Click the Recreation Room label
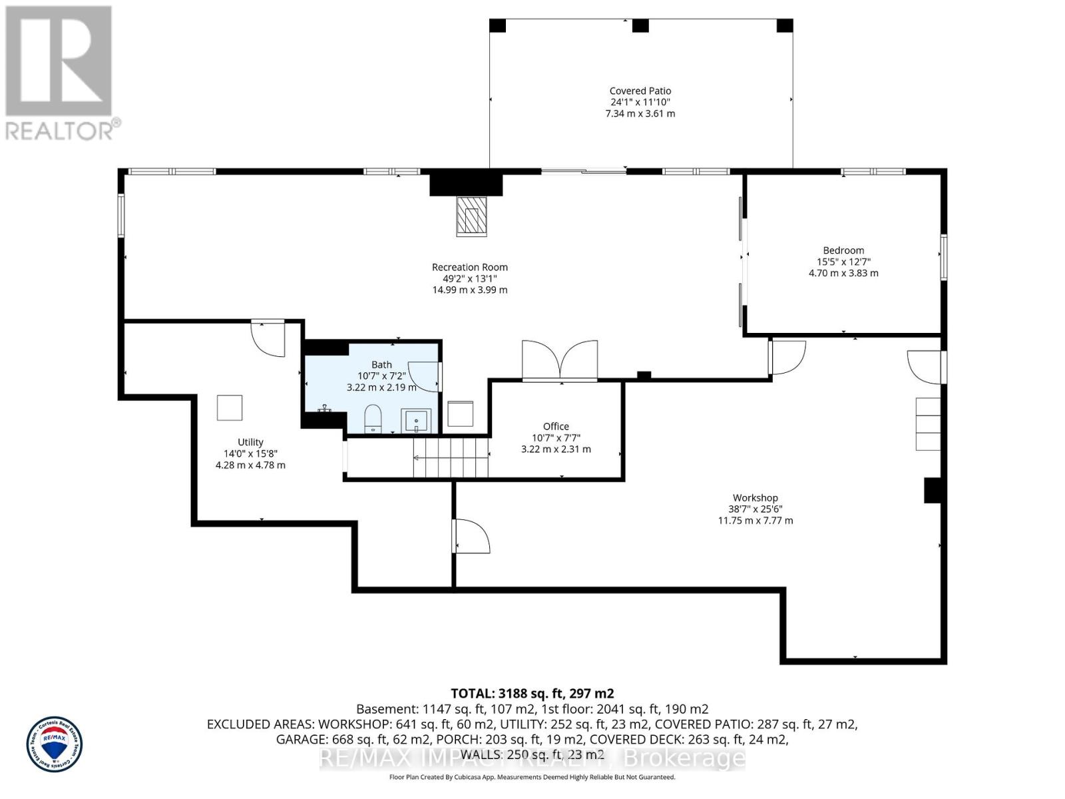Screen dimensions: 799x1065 pyautogui.click(x=469, y=267)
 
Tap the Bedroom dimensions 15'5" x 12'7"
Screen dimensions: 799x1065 pyautogui.click(x=843, y=262)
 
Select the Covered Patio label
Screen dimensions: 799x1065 pyautogui.click(x=640, y=91)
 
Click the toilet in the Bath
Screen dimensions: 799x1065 pyautogui.click(x=373, y=418)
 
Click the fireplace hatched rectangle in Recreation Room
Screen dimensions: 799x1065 pyautogui.click(x=471, y=216)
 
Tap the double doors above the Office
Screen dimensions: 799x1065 pyautogui.click(x=560, y=360)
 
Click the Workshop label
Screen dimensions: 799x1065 pyautogui.click(x=755, y=497)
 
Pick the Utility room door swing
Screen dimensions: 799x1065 pyautogui.click(x=270, y=338)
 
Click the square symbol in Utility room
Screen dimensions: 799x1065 pyautogui.click(x=230, y=407)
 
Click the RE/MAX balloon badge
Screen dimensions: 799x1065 pyautogui.click(x=55, y=744)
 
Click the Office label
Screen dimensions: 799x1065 pyautogui.click(x=556, y=426)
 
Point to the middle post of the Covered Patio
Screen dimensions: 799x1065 pyautogui.click(x=640, y=26)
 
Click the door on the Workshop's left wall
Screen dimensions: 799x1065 pyautogui.click(x=471, y=537)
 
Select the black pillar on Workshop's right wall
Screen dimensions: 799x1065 pyautogui.click(x=933, y=491)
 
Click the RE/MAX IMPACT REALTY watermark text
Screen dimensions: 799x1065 pyautogui.click(x=532, y=758)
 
